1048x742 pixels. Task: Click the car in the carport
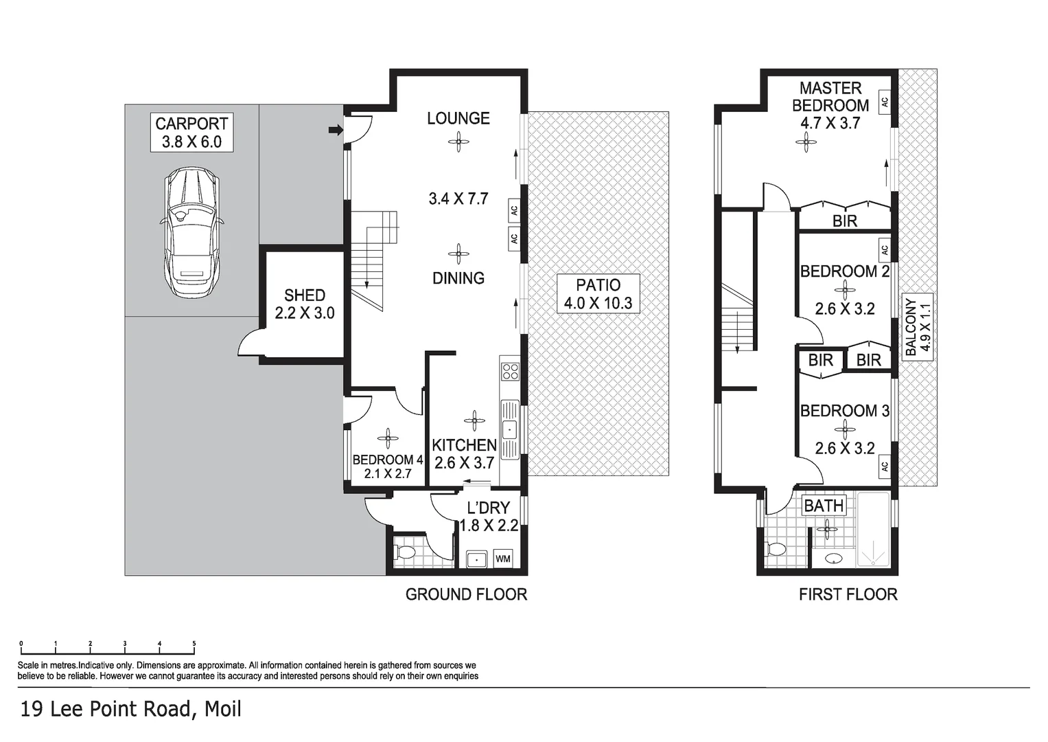pyautogui.click(x=191, y=233)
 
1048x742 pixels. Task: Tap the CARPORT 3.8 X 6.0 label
pyautogui.click(x=191, y=133)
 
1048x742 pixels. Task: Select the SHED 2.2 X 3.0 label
pyautogui.click(x=304, y=304)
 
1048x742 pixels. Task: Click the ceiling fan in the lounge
pyautogui.click(x=458, y=143)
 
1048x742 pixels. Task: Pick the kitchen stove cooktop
pyautogui.click(x=510, y=372)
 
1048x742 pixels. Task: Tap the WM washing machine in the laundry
pyautogui.click(x=503, y=559)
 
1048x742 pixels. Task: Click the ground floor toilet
pyautogui.click(x=405, y=552)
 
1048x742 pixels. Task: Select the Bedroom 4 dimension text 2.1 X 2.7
pyautogui.click(x=388, y=473)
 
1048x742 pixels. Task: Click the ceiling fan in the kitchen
pyautogui.click(x=474, y=420)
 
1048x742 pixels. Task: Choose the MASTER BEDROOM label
pyautogui.click(x=830, y=97)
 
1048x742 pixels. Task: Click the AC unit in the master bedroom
pyautogui.click(x=885, y=101)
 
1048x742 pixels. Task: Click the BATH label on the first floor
pyautogui.click(x=824, y=506)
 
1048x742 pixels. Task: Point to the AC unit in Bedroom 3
pyautogui.click(x=884, y=466)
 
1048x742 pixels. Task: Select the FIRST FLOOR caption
pyautogui.click(x=848, y=594)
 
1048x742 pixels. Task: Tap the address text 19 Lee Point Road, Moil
pyautogui.click(x=131, y=709)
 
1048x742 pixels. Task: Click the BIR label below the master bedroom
pyautogui.click(x=845, y=221)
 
